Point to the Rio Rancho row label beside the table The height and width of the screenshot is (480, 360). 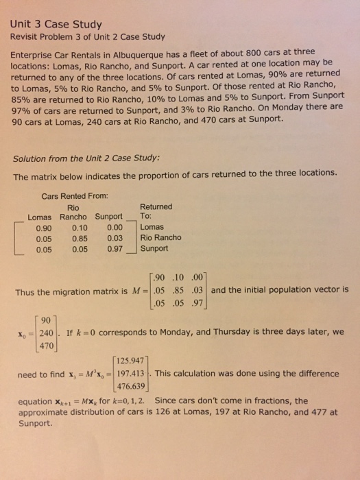pos(160,237)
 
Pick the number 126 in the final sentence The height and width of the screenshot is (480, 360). pos(160,412)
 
